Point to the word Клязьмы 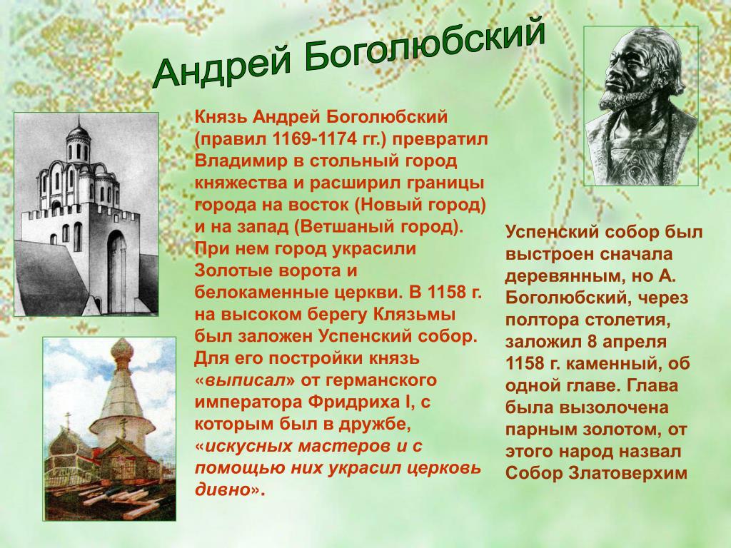click(415, 314)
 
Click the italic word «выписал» click(245, 380)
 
